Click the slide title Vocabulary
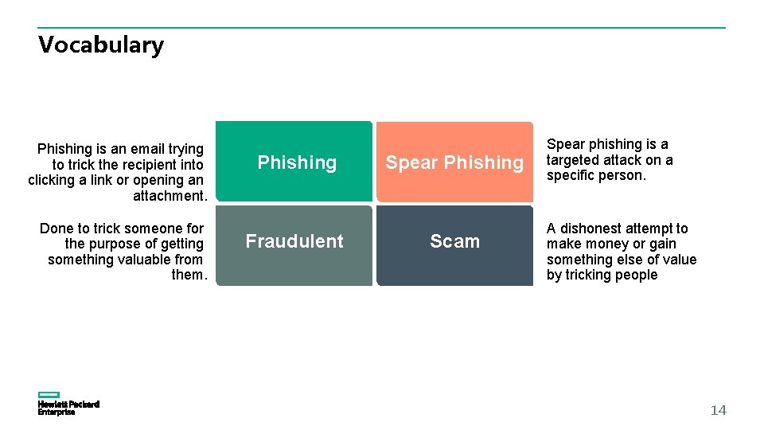coord(101,45)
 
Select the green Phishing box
coord(294,162)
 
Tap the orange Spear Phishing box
coord(454,162)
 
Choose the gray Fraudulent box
coord(294,245)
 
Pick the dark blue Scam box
coord(454,245)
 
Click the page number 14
coord(718,410)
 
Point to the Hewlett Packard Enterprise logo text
coord(68,408)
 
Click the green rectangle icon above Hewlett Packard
coord(49,394)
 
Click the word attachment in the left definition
coord(169,196)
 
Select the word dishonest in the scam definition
coord(597,229)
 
